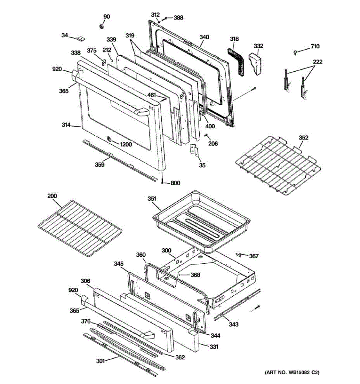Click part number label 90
[x=107, y=17]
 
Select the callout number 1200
[x=125, y=144]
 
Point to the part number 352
[x=303, y=138]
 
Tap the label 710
[x=315, y=47]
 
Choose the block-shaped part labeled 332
[x=256, y=64]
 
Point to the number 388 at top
[x=178, y=18]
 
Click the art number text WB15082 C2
[x=292, y=372]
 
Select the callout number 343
[x=234, y=324]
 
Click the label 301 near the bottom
[x=100, y=361]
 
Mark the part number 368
[x=195, y=275]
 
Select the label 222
[x=317, y=62]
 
